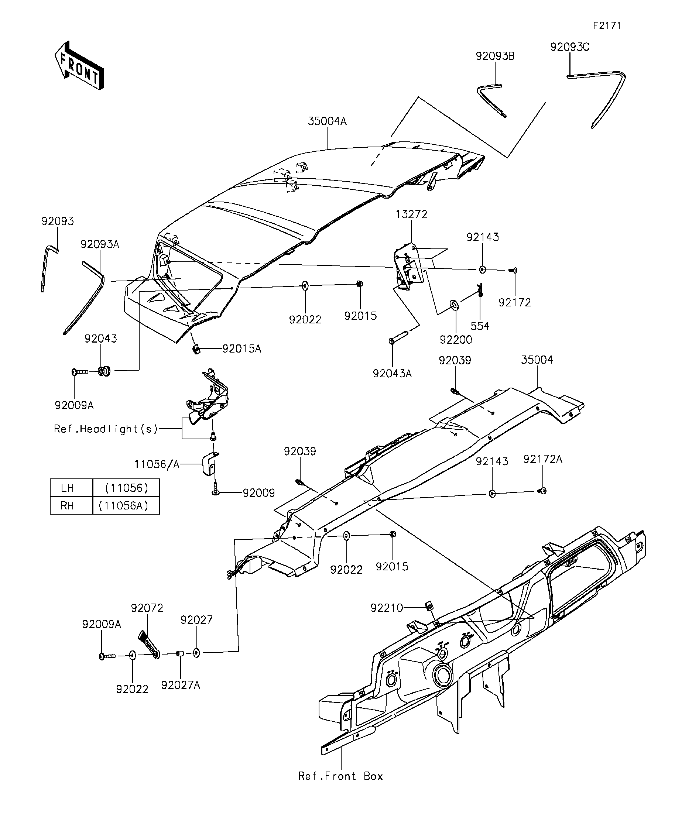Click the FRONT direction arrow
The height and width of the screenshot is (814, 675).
coord(79,65)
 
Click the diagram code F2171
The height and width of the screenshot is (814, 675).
coord(607,25)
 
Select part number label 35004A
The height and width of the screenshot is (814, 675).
coord(327,121)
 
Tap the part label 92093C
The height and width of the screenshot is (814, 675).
coord(570,47)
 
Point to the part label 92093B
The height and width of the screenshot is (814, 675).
coord(495,56)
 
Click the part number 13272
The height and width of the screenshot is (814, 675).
coord(411,214)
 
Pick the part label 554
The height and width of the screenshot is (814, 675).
coord(480,326)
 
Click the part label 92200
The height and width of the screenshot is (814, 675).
coord(456,340)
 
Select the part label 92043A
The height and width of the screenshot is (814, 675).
coord(393,373)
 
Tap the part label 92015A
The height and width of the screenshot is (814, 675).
coord(241,349)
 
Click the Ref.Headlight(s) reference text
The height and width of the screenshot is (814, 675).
coord(106,429)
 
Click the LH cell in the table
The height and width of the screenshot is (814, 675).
coord(68,488)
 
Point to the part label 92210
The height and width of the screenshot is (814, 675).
coord(387,608)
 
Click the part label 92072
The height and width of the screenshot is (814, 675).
coord(147,608)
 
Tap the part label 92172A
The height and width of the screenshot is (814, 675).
coord(542,459)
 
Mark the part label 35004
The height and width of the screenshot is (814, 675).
coord(537,360)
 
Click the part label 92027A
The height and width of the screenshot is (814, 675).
coord(181,685)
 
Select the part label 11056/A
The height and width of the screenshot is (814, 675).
coord(157,464)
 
